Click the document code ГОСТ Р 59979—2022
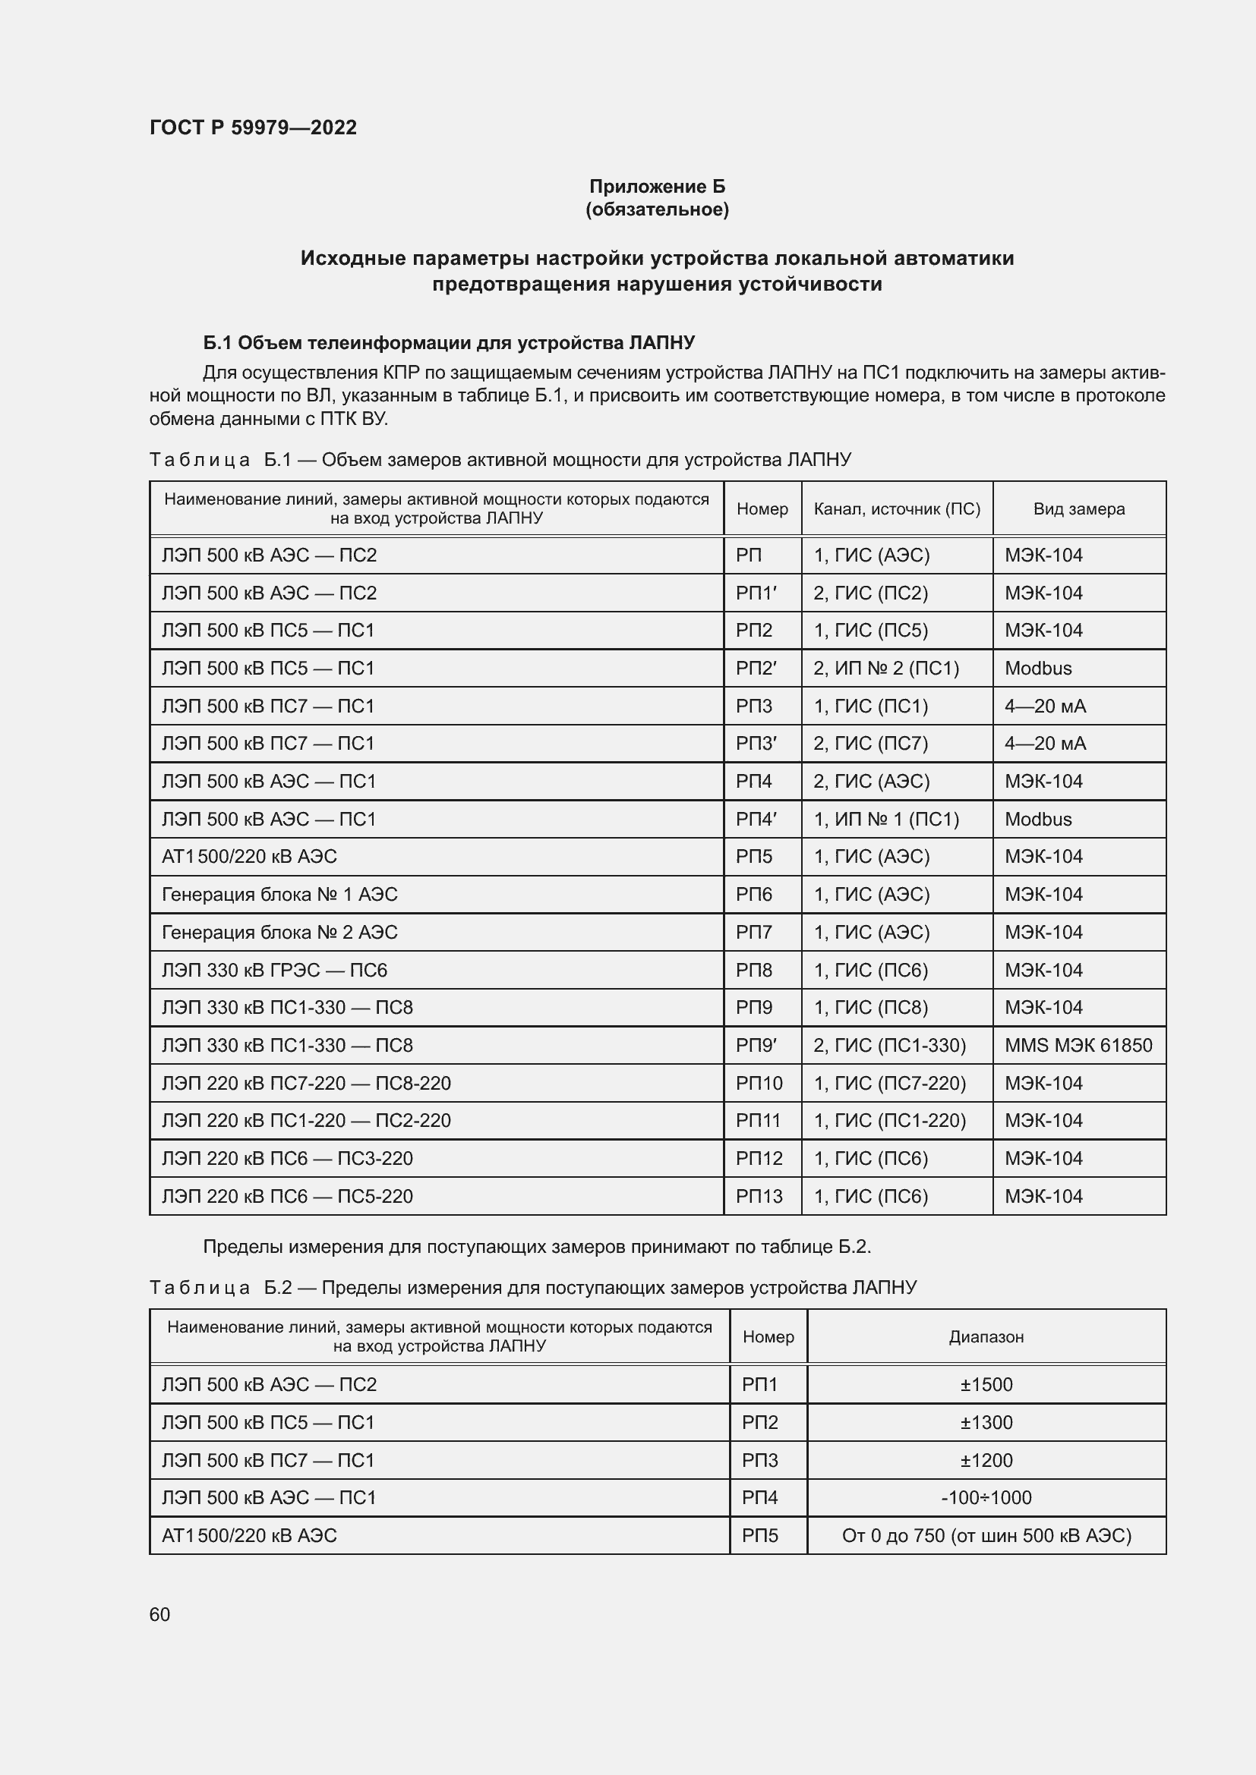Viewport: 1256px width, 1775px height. pyautogui.click(x=253, y=127)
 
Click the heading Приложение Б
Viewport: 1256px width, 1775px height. pyautogui.click(x=657, y=187)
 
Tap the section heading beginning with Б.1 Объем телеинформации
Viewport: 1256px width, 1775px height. pyautogui.click(x=449, y=342)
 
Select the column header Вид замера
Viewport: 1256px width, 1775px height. pyautogui.click(x=1078, y=508)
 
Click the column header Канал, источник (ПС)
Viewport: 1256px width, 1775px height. pyautogui.click(x=896, y=508)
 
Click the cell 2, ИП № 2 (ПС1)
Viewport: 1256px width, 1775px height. pyautogui.click(x=885, y=668)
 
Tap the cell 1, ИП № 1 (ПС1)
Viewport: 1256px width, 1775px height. pyautogui.click(x=885, y=819)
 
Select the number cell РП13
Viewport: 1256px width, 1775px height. pyautogui.click(x=759, y=1196)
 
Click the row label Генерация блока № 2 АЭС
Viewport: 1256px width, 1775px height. pyautogui.click(x=279, y=933)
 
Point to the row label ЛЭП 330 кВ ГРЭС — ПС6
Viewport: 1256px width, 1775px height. pyautogui.click(x=274, y=971)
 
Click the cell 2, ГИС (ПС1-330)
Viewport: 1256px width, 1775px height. pyautogui.click(x=889, y=1045)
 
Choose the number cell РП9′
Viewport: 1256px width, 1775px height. pyautogui.click(x=756, y=1045)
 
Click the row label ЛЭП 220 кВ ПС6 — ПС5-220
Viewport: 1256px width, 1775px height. pyautogui.click(x=287, y=1196)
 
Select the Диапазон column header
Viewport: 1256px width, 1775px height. pyautogui.click(x=986, y=1336)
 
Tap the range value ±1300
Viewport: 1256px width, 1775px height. pyautogui.click(x=986, y=1422)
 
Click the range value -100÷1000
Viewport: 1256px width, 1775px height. pyautogui.click(x=986, y=1497)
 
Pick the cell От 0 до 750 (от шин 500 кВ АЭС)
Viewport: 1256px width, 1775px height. pyautogui.click(x=986, y=1535)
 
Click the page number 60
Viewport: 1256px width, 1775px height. pyautogui.click(x=159, y=1614)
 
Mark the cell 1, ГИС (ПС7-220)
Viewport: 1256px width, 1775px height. pyautogui.click(x=889, y=1083)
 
